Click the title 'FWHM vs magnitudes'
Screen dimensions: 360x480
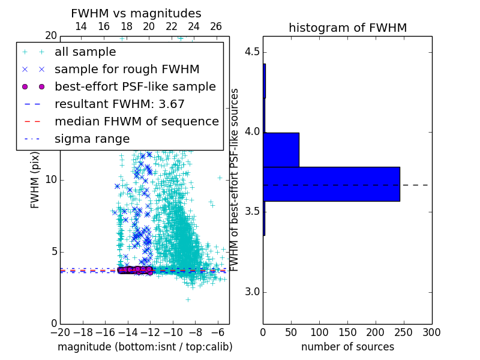coord(136,13)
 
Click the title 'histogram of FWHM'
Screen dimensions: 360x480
coord(347,28)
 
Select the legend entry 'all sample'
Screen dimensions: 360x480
coord(85,52)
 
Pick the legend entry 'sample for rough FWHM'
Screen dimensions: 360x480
coord(127,69)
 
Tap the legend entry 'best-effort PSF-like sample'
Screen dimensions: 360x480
coord(135,86)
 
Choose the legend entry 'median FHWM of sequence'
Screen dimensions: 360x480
coord(136,121)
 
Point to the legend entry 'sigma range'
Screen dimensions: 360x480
coord(92,139)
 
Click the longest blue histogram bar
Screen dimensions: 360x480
coord(331,184)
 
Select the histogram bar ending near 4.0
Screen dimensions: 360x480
coord(281,149)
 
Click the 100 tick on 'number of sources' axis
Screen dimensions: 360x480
coord(319,332)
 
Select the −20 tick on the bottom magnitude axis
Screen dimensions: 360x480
coord(60,332)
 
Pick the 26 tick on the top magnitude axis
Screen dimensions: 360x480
coord(216,26)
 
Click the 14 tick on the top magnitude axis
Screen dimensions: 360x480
coord(81,26)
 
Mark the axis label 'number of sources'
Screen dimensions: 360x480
coord(347,347)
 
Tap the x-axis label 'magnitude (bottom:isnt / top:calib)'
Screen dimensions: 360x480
coord(145,347)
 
